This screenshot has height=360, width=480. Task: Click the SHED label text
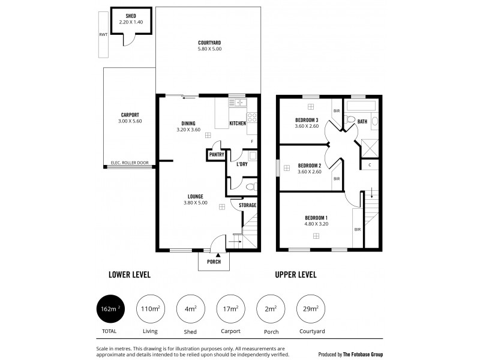coord(130,16)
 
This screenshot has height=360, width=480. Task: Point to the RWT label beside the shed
coord(103,35)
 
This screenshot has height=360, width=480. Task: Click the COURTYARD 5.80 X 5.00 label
coord(209,46)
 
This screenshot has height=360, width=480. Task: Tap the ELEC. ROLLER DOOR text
coord(130,163)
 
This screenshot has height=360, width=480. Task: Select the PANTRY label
coord(216,154)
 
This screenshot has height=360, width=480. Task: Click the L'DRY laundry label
coord(242,164)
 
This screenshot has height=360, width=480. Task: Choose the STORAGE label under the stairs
coord(247,205)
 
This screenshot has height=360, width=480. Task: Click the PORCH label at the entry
coord(214,262)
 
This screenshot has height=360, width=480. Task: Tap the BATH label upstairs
coord(362,121)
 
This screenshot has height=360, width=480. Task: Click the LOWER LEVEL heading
coord(129,275)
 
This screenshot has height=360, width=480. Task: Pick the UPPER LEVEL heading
coord(295,275)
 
